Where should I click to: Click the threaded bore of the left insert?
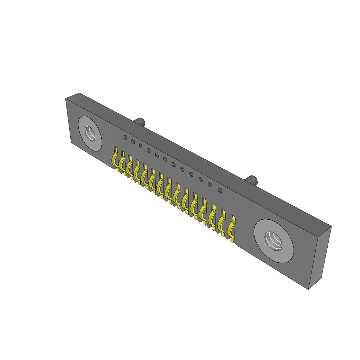coord(90,134)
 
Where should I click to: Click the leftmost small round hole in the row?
coord(125,137)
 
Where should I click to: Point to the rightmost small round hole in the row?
coord(220,190)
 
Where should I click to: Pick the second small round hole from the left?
coord(133,141)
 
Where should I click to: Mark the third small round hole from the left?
coord(141,146)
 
